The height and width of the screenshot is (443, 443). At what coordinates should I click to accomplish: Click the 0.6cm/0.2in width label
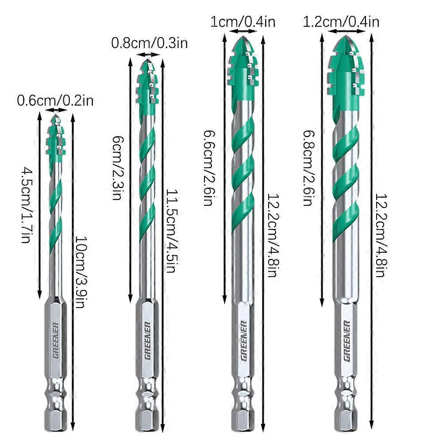click(x=55, y=101)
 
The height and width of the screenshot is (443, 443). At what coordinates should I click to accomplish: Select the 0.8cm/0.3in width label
click(x=149, y=43)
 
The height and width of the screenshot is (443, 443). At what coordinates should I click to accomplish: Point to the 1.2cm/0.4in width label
click(x=341, y=22)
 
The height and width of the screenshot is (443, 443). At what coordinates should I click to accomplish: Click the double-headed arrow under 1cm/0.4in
click(x=244, y=32)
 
